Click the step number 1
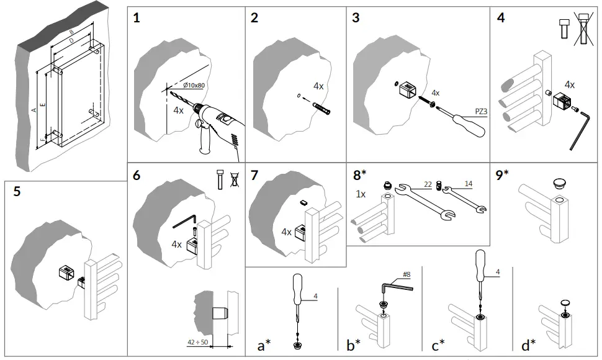pyautogui.click(x=137, y=18)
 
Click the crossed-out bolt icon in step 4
pyautogui.click(x=582, y=29)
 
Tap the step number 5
pyautogui.click(x=17, y=191)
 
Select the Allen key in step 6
pyautogui.click(x=184, y=218)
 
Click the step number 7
pyautogui.click(x=254, y=175)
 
